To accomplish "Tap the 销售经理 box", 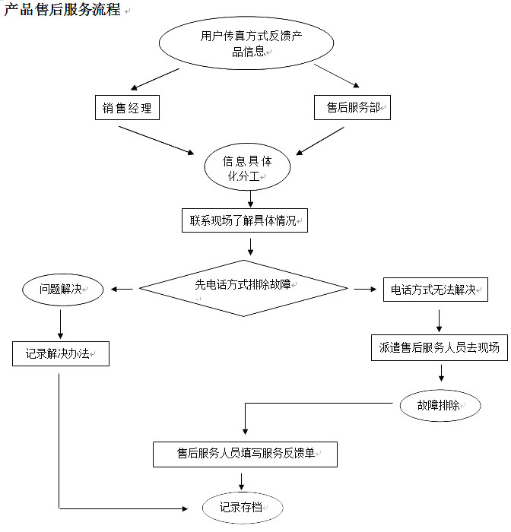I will pyautogui.click(x=127, y=108).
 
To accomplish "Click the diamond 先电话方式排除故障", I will pyautogui.click(x=243, y=287).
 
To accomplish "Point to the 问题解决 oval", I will pyautogui.click(x=61, y=290).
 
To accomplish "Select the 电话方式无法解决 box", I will pyautogui.click(x=434, y=290).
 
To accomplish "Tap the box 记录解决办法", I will pyautogui.click(x=61, y=353).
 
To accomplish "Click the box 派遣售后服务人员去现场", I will pyautogui.click(x=439, y=347).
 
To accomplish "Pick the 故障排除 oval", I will pyautogui.click(x=440, y=405).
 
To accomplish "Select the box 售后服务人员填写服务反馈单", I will pyautogui.click(x=245, y=454).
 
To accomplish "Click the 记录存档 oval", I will pyautogui.click(x=242, y=508).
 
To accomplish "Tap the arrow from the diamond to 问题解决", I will pyautogui.click(x=122, y=289).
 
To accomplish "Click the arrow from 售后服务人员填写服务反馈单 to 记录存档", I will pyautogui.click(x=242, y=480).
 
